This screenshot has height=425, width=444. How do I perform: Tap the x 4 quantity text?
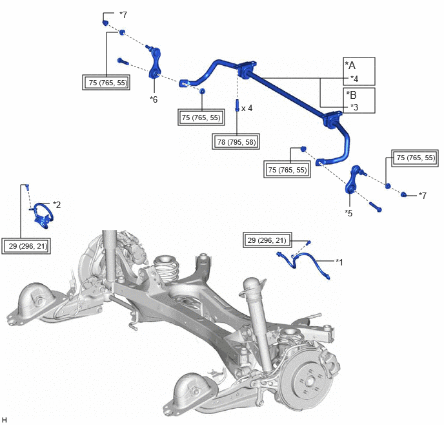247,108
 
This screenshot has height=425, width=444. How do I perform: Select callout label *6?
154,99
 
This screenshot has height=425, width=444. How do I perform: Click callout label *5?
348,213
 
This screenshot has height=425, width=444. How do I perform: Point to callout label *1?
339,262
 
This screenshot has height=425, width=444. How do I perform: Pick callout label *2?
57,205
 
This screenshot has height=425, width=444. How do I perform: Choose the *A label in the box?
350,65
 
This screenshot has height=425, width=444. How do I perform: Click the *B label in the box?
351,95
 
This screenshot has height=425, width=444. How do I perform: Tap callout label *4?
354,79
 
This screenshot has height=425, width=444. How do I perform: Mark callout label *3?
354,107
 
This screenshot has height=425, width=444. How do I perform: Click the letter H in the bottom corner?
5,420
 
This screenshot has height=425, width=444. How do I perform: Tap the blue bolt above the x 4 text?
237,105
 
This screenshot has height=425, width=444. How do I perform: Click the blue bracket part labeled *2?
43,216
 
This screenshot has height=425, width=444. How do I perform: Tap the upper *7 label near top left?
123,14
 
